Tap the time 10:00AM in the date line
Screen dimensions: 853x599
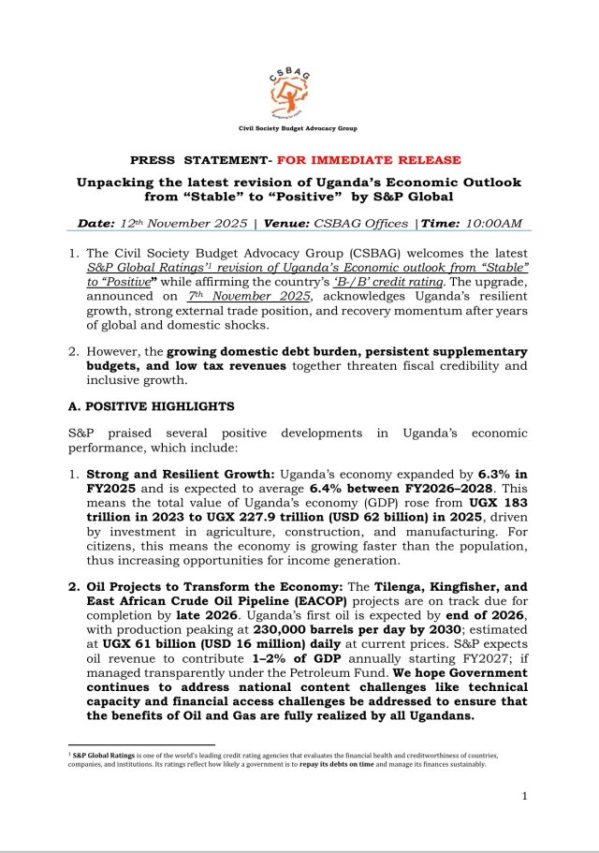click(489, 224)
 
